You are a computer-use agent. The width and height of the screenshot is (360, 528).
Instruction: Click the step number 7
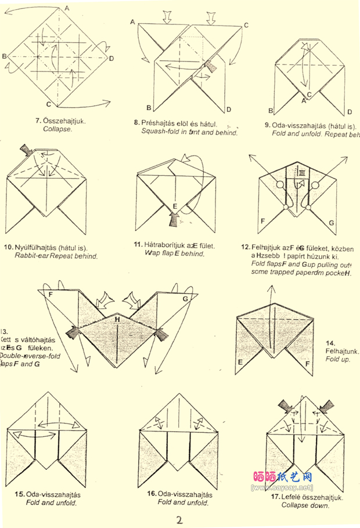tap(37, 121)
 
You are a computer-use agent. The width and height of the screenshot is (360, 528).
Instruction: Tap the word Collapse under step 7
tap(57, 129)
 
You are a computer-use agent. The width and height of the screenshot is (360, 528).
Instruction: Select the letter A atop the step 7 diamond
tap(67, 8)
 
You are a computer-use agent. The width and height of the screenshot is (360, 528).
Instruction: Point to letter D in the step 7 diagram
tap(111, 58)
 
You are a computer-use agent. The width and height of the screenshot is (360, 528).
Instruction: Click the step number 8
tap(136, 123)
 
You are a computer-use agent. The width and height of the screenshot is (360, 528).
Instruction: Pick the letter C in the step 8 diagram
tap(246, 25)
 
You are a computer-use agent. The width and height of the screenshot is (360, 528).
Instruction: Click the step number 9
tap(267, 125)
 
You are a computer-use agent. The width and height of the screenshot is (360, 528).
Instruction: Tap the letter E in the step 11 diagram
tap(174, 206)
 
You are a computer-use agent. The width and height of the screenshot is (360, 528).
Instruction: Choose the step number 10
tap(8, 247)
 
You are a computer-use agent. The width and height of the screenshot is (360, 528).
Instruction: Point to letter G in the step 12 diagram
tap(332, 222)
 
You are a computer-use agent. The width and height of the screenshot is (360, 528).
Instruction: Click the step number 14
tap(330, 343)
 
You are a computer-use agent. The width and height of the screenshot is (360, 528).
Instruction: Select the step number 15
tap(20, 494)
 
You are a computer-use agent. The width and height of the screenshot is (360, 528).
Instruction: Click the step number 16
tap(152, 494)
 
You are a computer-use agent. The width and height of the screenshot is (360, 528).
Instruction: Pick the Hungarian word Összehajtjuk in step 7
tap(65, 121)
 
